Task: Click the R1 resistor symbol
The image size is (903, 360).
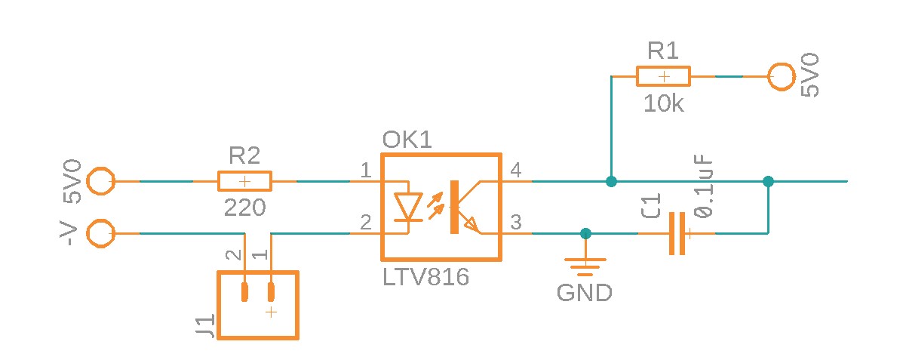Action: click(663, 76)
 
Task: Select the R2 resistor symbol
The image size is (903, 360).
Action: click(244, 181)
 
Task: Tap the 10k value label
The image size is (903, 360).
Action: click(664, 104)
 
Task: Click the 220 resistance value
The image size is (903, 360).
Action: click(244, 208)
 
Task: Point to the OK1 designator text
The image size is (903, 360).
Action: click(407, 140)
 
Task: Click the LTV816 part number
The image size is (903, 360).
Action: click(425, 278)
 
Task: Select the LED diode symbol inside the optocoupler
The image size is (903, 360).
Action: click(409, 206)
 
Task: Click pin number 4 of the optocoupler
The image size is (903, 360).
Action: click(516, 170)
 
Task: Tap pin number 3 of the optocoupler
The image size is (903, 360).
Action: click(516, 223)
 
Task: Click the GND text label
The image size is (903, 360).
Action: click(584, 293)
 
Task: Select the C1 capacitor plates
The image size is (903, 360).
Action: click(677, 233)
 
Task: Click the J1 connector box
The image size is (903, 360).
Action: click(258, 304)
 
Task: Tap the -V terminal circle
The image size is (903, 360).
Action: click(100, 233)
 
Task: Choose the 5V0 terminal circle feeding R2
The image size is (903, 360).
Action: click(100, 181)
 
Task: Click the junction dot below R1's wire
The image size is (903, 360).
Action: click(612, 181)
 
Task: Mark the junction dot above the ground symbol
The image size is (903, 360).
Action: click(585, 233)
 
